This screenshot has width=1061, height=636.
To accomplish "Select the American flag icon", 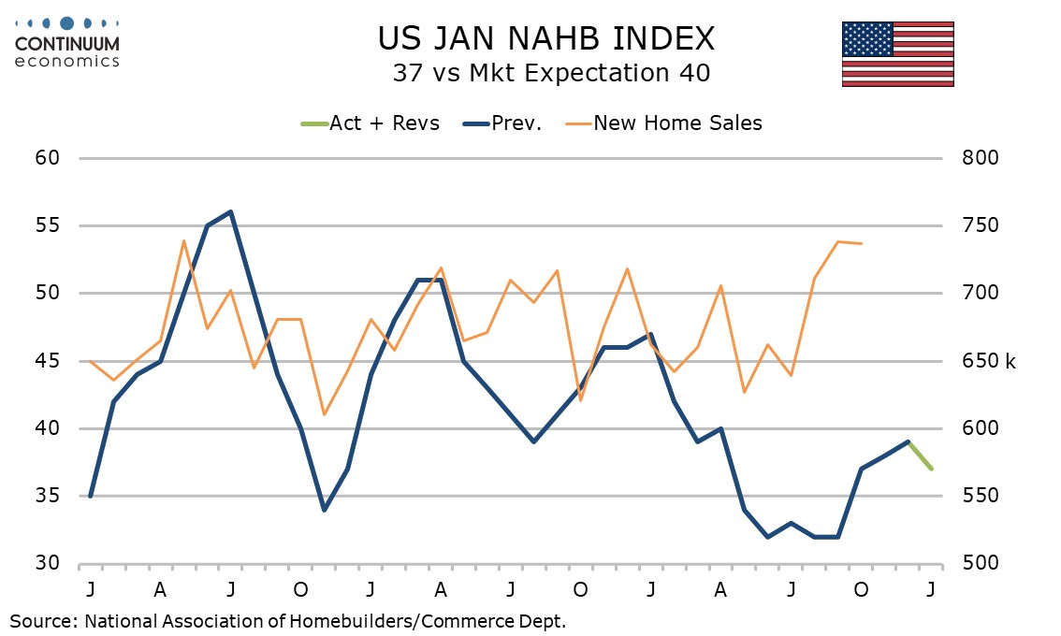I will (897, 53).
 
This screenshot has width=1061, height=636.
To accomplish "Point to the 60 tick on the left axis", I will (49, 158).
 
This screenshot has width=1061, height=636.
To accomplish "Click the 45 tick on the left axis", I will (49, 361).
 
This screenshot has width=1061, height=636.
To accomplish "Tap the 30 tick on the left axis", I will (49, 564).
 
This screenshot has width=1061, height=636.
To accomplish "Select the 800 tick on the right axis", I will (981, 158).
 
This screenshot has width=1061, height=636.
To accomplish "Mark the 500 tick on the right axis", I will (981, 564).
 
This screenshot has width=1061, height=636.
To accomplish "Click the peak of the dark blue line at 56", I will (230, 212).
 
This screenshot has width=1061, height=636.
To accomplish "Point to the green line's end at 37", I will (931, 469).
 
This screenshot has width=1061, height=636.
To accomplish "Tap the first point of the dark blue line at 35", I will (91, 496).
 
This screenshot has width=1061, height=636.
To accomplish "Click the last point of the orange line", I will (861, 243).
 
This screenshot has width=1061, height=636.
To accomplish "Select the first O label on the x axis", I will (300, 589).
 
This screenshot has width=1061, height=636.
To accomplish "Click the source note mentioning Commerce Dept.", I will (288, 620).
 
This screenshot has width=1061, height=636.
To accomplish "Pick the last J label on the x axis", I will (931, 589).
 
